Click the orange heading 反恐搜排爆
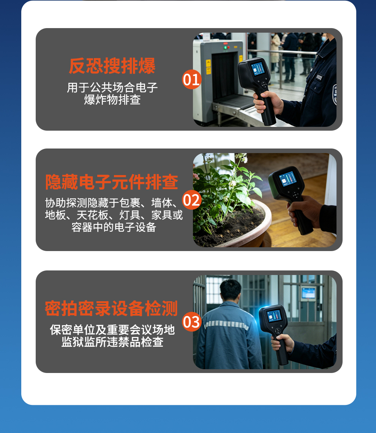tap(112, 66)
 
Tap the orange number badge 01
tap(191, 79)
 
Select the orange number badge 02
tap(191, 200)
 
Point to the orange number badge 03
tap(191, 322)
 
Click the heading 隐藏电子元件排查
tap(112, 182)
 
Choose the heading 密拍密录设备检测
tap(111, 308)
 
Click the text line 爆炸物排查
tap(112, 100)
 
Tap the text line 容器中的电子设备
tap(114, 227)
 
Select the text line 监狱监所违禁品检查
tap(112, 342)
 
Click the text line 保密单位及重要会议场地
tap(112, 330)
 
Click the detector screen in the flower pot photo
tap(288, 179)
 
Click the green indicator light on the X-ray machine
tap(225, 47)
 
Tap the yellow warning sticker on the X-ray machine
tap(209, 63)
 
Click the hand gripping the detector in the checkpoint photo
tap(268, 102)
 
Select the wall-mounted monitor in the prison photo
tap(308, 293)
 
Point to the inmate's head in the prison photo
tap(231, 290)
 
